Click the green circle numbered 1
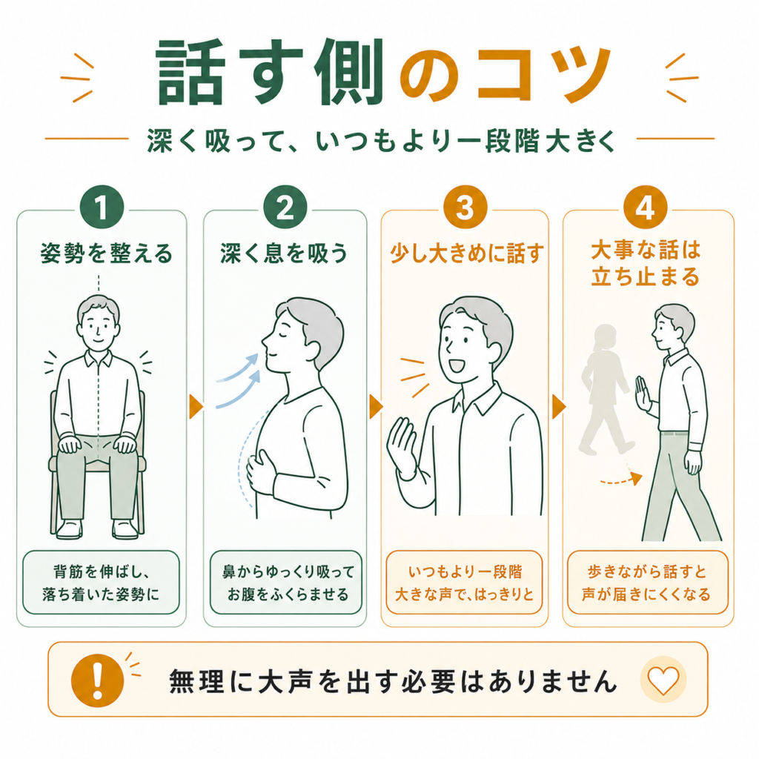click(102, 208)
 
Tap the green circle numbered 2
click(285, 208)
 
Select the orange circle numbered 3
click(465, 208)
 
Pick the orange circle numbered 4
click(646, 208)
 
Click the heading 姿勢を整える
click(107, 253)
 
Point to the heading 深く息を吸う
click(285, 253)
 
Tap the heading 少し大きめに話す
click(467, 253)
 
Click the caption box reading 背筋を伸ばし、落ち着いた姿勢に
click(101, 583)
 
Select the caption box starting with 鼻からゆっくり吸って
click(286, 583)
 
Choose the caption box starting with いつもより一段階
click(464, 583)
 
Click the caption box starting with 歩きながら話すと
click(648, 583)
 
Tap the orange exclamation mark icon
click(98, 680)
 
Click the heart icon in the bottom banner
click(663, 680)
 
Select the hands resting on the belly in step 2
click(262, 472)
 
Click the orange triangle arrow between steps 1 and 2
click(196, 407)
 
